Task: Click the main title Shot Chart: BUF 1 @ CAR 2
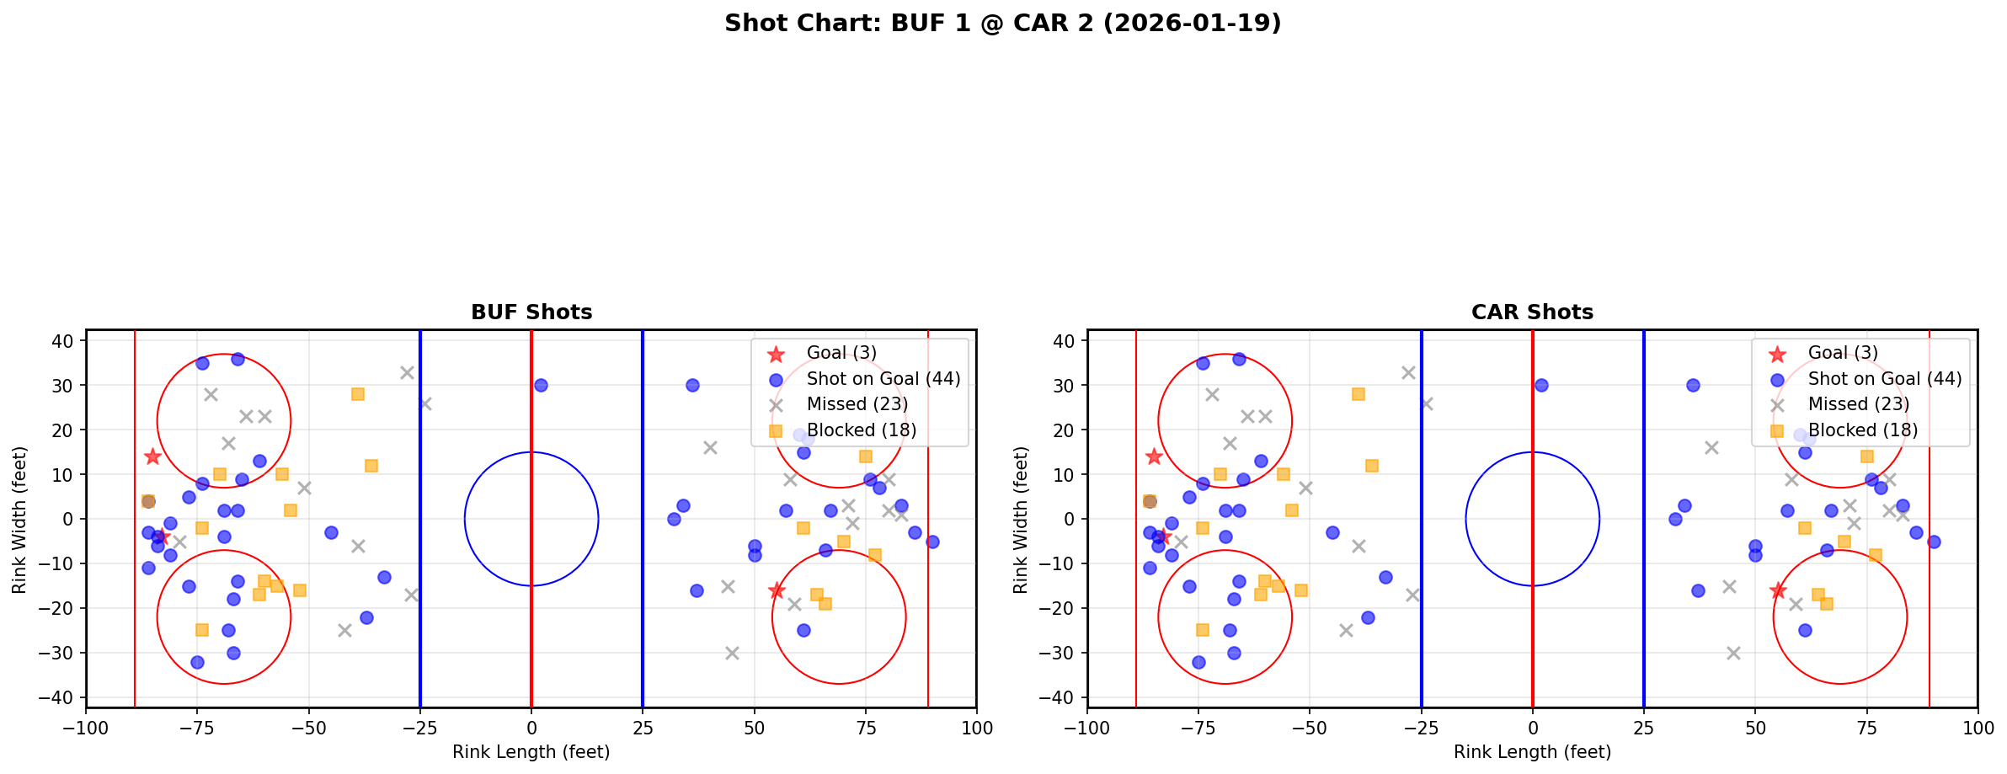(1002, 23)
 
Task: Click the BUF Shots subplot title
(531, 312)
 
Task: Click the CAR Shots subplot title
(1532, 312)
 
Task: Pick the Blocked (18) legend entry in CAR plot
(1862, 430)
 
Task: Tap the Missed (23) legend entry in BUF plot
(857, 404)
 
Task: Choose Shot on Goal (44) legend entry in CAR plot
(1884, 379)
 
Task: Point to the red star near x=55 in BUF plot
(777, 590)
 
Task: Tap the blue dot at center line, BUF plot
(541, 385)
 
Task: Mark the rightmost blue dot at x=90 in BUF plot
(932, 542)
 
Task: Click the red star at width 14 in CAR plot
(1154, 456)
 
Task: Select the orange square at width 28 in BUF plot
(358, 394)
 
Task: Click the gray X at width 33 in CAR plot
(1408, 372)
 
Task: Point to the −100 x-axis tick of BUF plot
(86, 727)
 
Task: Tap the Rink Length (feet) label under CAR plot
(1532, 752)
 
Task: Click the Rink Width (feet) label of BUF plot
(19, 519)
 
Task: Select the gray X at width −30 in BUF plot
(732, 653)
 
